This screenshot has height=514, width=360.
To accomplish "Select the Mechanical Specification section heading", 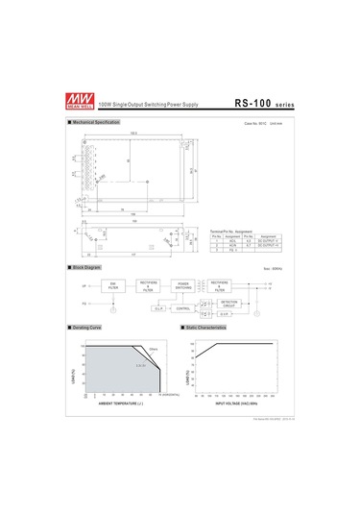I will tap(96, 123).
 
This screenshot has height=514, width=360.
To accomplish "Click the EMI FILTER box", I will tap(112, 285).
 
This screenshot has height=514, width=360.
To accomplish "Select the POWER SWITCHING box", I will tap(183, 285).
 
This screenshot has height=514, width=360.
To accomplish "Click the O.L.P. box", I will tap(158, 309).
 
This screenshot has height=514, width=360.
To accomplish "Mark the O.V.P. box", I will tap(224, 314).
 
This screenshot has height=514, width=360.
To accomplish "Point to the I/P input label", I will tap(84, 285).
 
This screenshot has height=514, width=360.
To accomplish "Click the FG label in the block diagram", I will tap(84, 303).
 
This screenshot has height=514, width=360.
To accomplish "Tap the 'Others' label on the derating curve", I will tap(153, 349).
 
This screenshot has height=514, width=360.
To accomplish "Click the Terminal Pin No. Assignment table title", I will tap(230, 232).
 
